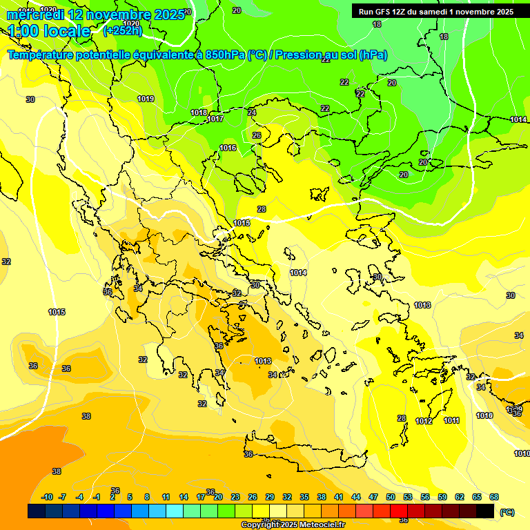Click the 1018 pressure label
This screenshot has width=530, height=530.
pyautogui.click(x=199, y=112)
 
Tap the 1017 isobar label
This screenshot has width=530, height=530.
pyautogui.click(x=215, y=119)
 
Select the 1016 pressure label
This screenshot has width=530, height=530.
pyautogui.click(x=228, y=148)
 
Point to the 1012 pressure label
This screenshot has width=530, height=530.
pyautogui.click(x=424, y=421)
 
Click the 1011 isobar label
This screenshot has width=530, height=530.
pyautogui.click(x=451, y=420)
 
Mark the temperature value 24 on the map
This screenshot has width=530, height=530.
pyautogui.click(x=252, y=112)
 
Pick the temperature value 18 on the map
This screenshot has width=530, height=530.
pyautogui.click(x=377, y=24)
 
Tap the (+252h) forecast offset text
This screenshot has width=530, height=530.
pyautogui.click(x=122, y=30)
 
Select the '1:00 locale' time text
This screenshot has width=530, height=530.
pyautogui.click(x=49, y=31)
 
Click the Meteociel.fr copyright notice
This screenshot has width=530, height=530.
pyautogui.click(x=293, y=524)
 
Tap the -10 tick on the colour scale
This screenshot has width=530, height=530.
pyautogui.click(x=47, y=497)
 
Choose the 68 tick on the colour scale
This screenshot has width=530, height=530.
pyautogui.click(x=494, y=497)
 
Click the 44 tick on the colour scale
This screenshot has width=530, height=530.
pyautogui.click(x=356, y=497)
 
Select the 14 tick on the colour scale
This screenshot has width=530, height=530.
pyautogui.click(x=184, y=497)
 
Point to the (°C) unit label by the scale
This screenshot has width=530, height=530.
pyautogui.click(x=507, y=511)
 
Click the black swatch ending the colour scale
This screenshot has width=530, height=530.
pyautogui.click(x=485, y=511)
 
